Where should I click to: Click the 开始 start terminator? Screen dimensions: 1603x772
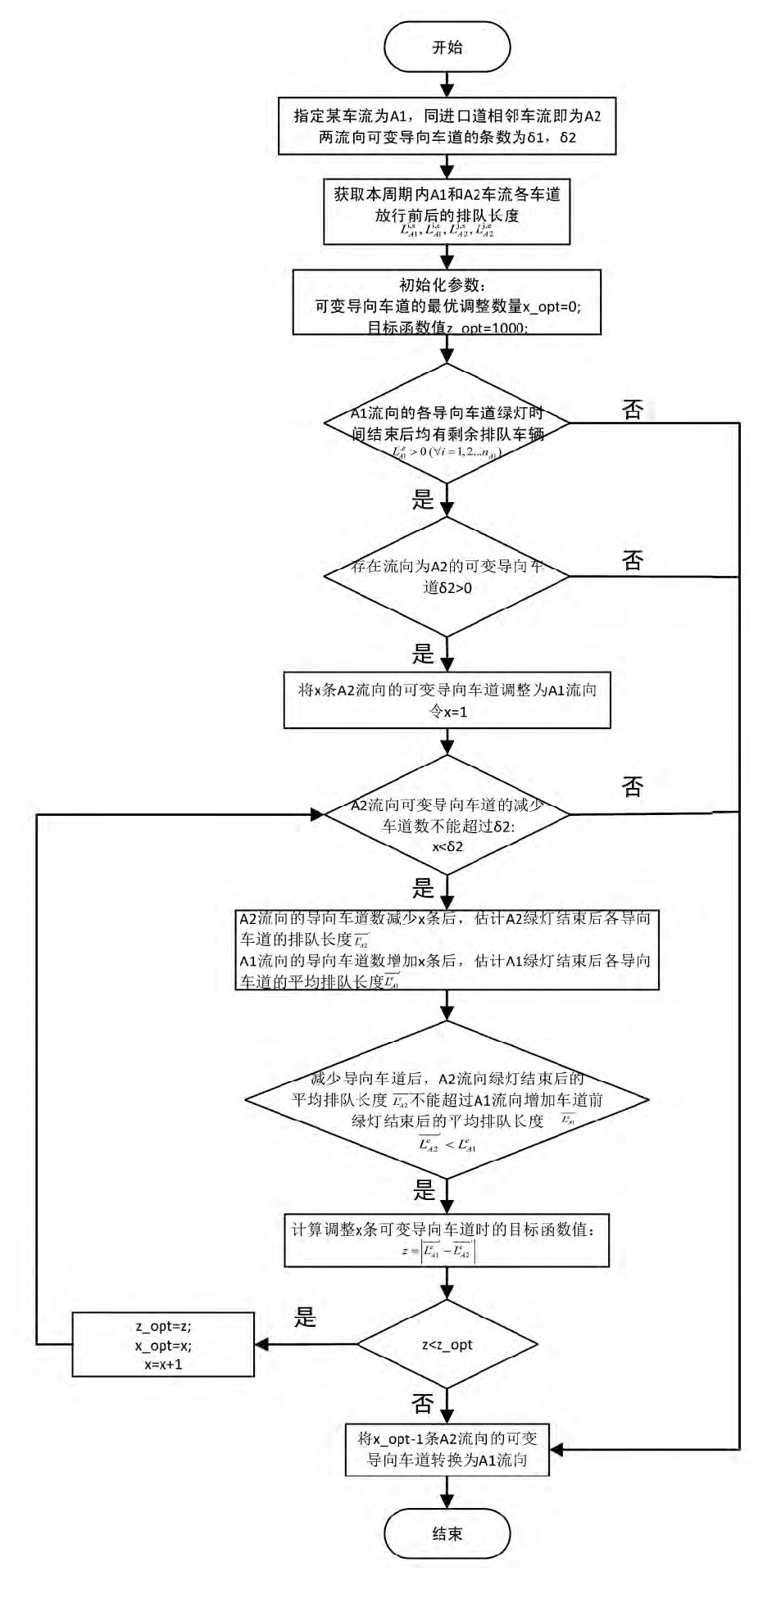click(x=447, y=48)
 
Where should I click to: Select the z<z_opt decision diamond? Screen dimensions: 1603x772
click(x=447, y=1344)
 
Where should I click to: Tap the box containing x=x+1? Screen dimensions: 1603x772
click(x=163, y=1345)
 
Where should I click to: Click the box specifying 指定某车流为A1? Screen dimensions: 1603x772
click(x=447, y=126)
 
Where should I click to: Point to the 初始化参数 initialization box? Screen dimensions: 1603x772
click(x=447, y=303)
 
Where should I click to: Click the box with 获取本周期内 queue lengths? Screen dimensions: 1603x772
click(x=447, y=211)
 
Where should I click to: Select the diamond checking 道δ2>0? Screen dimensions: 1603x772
click(x=447, y=577)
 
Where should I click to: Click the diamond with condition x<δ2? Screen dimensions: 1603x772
click(x=447, y=814)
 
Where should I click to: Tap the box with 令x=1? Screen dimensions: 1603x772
click(x=447, y=700)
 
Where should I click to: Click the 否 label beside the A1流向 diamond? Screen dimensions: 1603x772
click(x=633, y=410)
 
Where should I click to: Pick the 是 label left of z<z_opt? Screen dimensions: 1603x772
click(x=305, y=1317)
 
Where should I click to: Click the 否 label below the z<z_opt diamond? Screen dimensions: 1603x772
click(x=423, y=1404)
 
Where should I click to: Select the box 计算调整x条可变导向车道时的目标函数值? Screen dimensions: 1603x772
click(x=447, y=1239)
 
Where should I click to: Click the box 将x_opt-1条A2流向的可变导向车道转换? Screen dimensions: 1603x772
click(x=447, y=1450)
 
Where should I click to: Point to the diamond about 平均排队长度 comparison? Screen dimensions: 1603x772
click(x=447, y=1100)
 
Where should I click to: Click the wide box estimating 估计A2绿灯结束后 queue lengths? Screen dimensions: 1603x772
click(x=447, y=950)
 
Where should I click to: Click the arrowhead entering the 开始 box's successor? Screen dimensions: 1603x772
click(x=447, y=88)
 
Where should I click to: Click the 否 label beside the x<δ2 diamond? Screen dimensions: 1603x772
click(x=633, y=787)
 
